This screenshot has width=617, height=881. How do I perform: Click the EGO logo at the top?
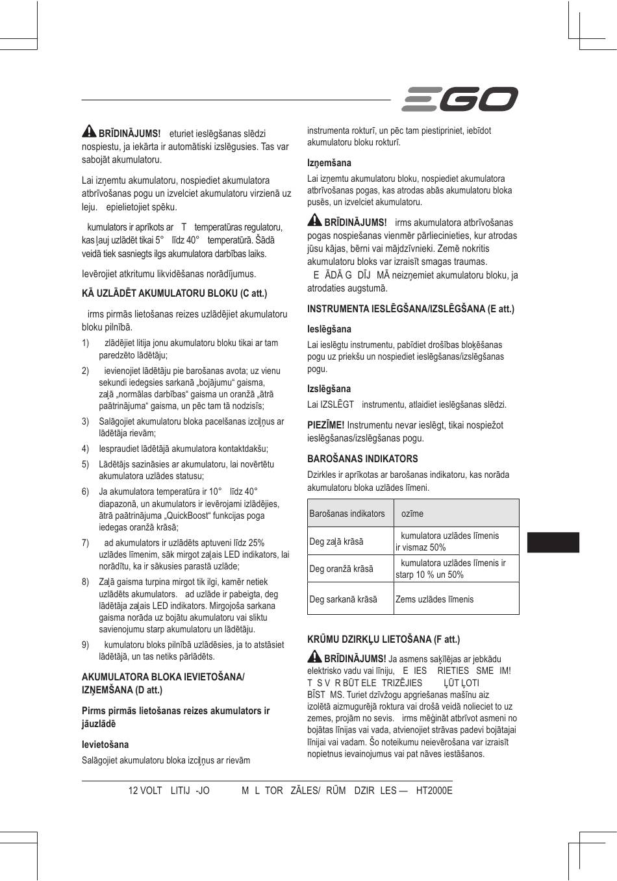point(460,99)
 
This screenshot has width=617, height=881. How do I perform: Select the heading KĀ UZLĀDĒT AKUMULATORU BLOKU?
point(174,293)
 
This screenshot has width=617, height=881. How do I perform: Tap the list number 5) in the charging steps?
point(85,464)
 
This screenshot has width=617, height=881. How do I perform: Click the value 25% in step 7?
point(256,543)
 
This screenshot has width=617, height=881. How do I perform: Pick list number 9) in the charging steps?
point(85,645)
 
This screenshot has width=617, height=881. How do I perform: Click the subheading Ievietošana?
point(105,745)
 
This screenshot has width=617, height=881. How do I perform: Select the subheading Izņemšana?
point(329,163)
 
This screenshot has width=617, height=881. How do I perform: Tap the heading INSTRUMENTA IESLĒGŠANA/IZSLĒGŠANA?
point(410,309)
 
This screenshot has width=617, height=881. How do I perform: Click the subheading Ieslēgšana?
point(329,329)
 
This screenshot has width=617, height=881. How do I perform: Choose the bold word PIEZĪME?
point(325,425)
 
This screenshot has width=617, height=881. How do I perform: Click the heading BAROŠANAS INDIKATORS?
point(362,458)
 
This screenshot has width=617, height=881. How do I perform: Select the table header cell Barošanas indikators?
point(347,514)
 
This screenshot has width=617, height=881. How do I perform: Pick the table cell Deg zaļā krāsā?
point(336,541)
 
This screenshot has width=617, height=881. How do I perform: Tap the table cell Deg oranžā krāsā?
point(342,569)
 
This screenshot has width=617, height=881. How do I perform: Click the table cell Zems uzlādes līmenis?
point(434,599)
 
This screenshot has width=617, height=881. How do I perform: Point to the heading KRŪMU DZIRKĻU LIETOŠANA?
point(383,639)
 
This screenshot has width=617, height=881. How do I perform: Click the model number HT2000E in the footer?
point(434,791)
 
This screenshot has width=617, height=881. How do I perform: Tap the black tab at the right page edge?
point(553,542)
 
